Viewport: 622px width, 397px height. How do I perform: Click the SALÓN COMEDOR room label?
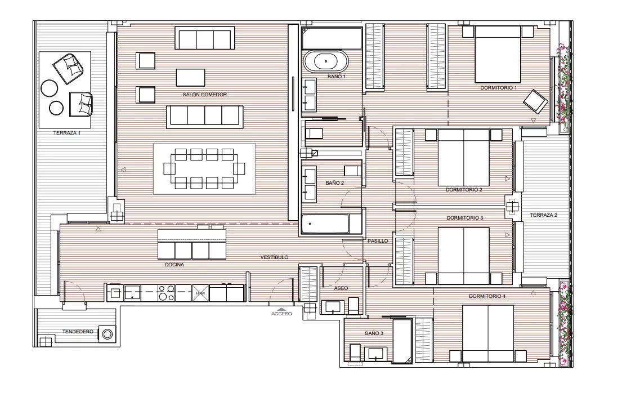(205, 95)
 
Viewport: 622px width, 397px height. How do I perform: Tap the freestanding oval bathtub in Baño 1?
(326, 61)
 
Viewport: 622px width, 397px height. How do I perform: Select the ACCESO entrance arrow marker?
(281, 309)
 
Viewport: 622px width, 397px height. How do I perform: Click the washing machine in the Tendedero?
(107, 334)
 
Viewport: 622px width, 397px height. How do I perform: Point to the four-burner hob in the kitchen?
(166, 293)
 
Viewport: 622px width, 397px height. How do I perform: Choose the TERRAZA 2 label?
(543, 215)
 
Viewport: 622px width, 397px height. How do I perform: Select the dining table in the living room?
(204, 169)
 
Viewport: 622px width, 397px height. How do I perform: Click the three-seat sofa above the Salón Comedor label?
(205, 38)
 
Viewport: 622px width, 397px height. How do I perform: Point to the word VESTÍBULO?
(274, 257)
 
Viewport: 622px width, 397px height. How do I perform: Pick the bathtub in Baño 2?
(326, 224)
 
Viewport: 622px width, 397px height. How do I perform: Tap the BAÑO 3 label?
(374, 333)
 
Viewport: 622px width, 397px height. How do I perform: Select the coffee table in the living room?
(190, 77)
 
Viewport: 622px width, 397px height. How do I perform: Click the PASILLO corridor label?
(378, 241)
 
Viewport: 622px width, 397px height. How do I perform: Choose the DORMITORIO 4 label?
(487, 296)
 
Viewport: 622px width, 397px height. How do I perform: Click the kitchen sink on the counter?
(132, 293)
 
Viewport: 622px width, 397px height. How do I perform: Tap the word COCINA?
(174, 265)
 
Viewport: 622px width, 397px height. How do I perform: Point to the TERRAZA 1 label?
(66, 133)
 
